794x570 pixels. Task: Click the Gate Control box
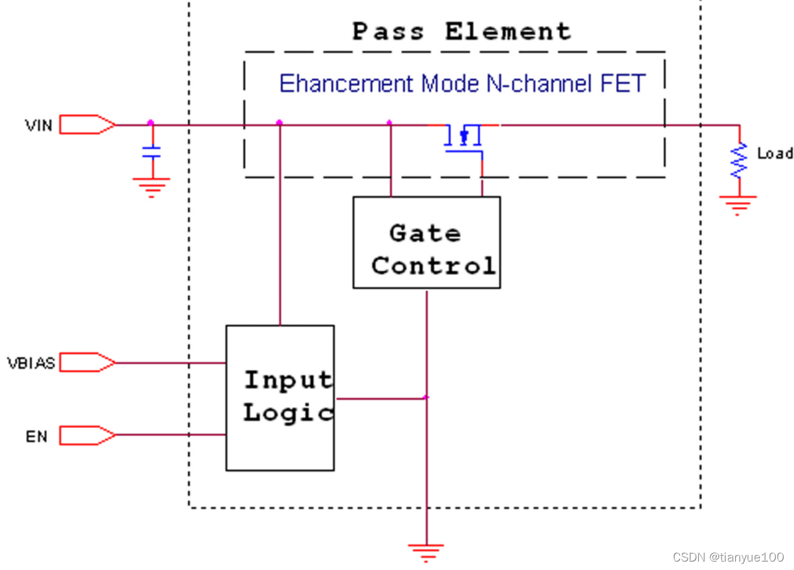pos(426,242)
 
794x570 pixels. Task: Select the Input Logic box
pos(280,397)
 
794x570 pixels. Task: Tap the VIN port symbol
pos(87,124)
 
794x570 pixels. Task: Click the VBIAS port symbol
pos(87,362)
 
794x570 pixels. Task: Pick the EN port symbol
pos(87,435)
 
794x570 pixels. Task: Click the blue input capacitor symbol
pos(152,153)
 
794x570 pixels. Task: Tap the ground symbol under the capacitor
pos(151,186)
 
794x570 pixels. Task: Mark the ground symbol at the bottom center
pos(426,552)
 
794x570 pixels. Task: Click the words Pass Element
pos(462,31)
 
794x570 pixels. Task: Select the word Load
pos(774,154)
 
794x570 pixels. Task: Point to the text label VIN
pos(39,124)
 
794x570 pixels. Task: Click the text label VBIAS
pos(31,363)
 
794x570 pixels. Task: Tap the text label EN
pos(37,436)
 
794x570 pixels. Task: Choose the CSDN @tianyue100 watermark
pos(728,557)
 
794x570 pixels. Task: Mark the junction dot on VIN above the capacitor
pos(151,122)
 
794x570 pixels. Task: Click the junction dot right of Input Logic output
pos(426,397)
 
